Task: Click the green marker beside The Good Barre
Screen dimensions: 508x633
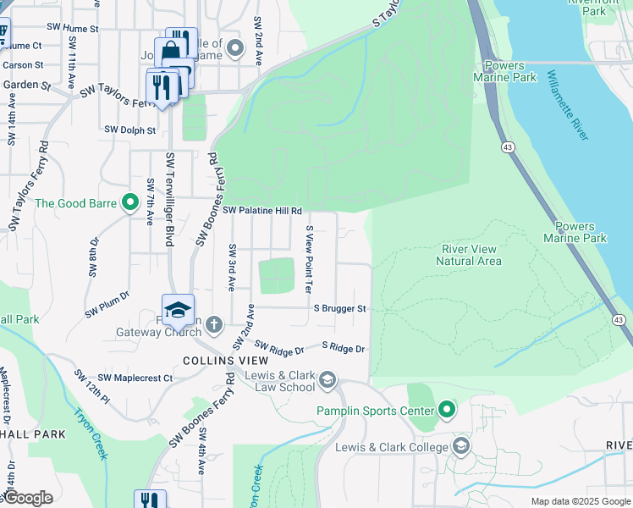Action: [x=129, y=203]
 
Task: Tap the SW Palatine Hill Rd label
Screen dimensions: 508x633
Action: [x=262, y=210]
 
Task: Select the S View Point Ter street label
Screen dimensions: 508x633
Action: [x=310, y=258]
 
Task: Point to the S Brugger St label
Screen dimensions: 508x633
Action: [x=339, y=310]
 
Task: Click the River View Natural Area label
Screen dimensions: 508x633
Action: [x=469, y=255]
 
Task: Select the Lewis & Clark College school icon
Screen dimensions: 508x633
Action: [x=461, y=446]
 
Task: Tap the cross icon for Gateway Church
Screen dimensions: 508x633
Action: [x=214, y=324]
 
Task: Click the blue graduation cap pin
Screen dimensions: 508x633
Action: [x=179, y=311]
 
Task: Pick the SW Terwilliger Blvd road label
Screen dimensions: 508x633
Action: [x=170, y=200]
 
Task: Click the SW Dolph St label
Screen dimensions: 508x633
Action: [x=130, y=130]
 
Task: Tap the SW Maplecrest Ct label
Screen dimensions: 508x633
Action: [x=135, y=378]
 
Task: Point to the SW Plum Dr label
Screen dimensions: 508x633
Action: [x=107, y=305]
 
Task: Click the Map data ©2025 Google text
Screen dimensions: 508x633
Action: [x=580, y=501]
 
